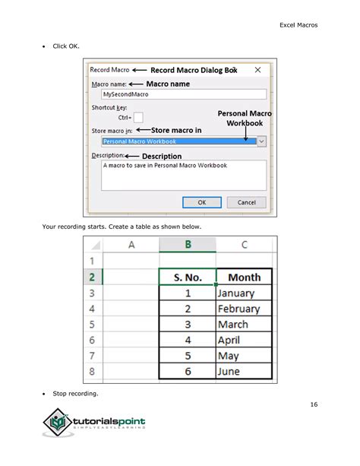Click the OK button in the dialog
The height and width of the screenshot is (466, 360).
click(x=202, y=202)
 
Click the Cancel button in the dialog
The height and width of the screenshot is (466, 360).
click(x=246, y=202)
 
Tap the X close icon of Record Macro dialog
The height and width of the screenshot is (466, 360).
click(x=257, y=70)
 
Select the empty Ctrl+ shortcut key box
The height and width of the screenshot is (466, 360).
click(x=138, y=117)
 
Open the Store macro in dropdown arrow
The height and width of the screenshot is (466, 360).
click(x=261, y=141)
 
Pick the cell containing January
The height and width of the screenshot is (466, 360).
click(x=244, y=293)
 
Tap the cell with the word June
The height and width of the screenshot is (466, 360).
click(x=244, y=372)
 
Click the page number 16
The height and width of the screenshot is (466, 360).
click(x=314, y=404)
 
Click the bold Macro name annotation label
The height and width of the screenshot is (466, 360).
click(x=168, y=84)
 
